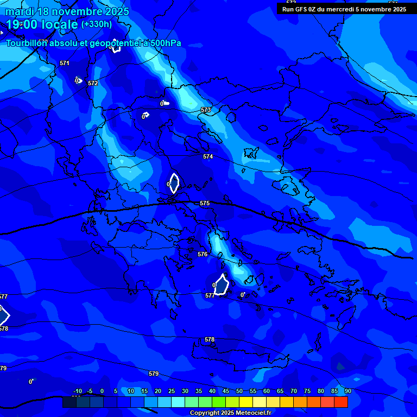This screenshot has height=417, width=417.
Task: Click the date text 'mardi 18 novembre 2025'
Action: [67, 11]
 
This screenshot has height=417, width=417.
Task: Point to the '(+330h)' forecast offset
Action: [96, 24]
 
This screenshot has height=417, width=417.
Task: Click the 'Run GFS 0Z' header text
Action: [304, 9]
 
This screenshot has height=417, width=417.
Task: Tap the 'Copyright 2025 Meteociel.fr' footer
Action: [230, 413]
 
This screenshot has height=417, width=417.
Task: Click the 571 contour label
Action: [65, 64]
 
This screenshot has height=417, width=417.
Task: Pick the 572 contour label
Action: [93, 83]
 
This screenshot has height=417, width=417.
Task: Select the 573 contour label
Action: [205, 110]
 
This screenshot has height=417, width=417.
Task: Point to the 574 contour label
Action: [208, 156]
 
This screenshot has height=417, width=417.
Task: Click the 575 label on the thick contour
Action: [205, 203]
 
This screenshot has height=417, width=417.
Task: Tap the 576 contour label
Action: [203, 254]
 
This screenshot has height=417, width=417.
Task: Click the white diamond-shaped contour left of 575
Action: [174, 184]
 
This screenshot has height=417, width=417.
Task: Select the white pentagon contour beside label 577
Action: [222, 285]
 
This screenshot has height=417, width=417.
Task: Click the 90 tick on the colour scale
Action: [347, 391]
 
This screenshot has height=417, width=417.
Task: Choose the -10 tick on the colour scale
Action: [77, 391]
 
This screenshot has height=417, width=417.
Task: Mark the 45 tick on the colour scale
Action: [225, 391]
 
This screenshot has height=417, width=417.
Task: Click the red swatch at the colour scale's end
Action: [341, 402]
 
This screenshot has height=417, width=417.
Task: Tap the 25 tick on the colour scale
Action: [171, 391]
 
